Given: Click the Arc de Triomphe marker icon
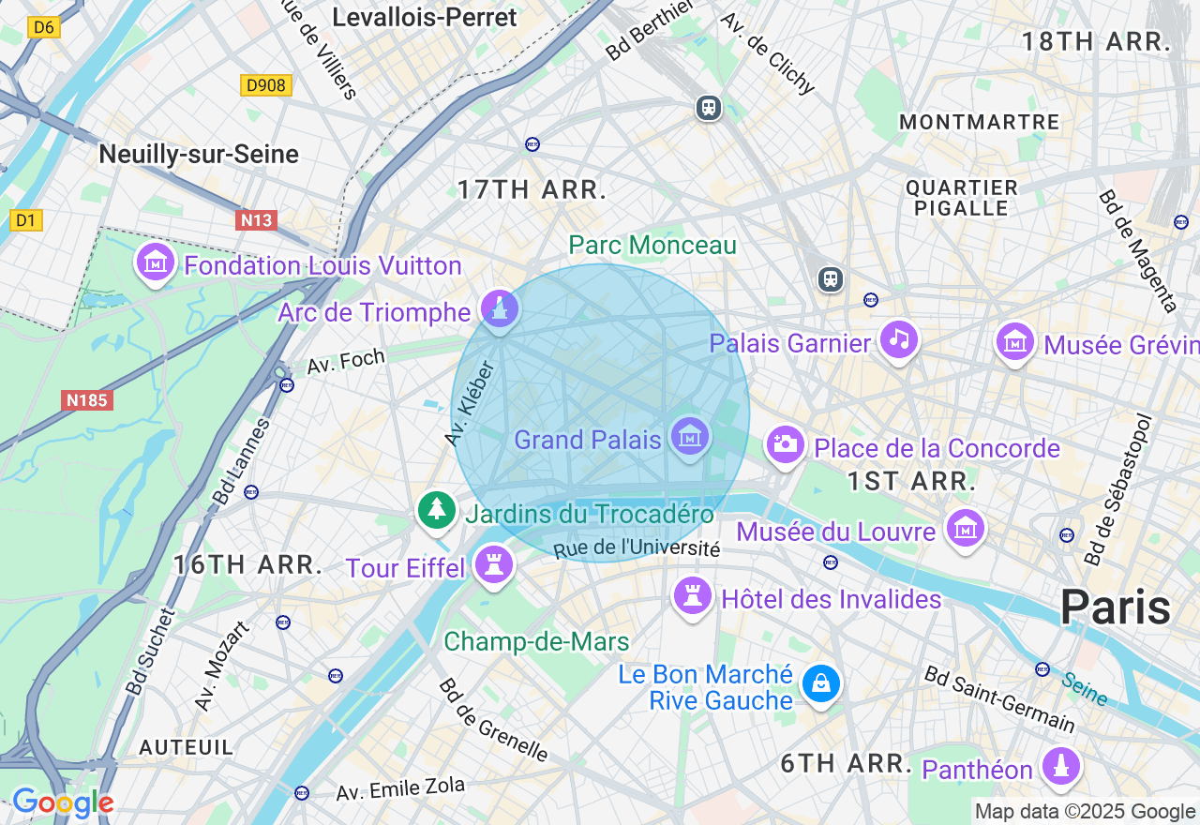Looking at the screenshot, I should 499,308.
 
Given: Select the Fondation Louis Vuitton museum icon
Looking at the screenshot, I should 156,263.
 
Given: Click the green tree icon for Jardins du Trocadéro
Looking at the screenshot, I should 436,510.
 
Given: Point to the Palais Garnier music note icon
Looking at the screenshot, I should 899,339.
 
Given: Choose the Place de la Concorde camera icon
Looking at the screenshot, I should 786,444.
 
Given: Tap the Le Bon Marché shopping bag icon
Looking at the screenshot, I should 820,684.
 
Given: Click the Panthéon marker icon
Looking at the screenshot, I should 1061,766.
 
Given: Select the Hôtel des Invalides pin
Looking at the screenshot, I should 693,595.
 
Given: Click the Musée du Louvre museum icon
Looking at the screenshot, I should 966,529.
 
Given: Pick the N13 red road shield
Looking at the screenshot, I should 256,220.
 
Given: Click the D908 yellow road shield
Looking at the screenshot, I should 266,85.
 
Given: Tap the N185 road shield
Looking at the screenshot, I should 88,400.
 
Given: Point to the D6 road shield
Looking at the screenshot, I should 44,27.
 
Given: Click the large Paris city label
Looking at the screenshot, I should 1115,607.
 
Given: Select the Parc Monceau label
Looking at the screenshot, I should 652,246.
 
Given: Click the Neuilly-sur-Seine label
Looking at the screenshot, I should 199,155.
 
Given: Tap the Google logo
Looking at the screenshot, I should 62,802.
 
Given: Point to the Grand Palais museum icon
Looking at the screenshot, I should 690,437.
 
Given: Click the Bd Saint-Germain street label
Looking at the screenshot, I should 999,698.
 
